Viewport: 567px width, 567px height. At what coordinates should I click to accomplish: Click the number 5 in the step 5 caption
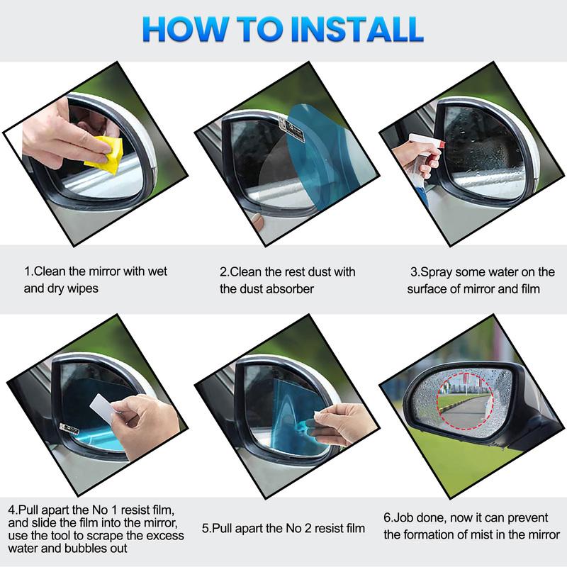pyautogui.click(x=206, y=528)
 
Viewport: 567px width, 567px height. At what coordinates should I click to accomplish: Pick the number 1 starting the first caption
pyautogui.click(x=27, y=271)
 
